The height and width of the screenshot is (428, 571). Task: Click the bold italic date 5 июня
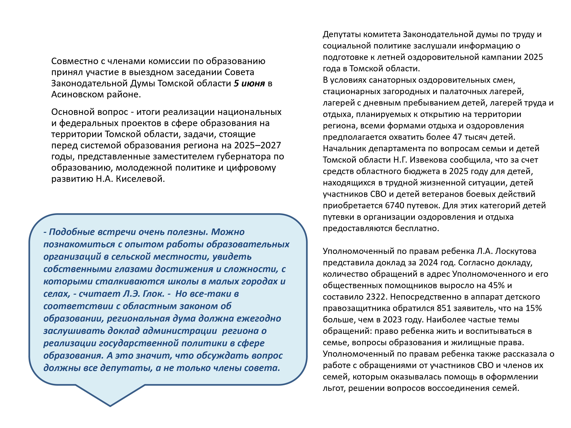249,83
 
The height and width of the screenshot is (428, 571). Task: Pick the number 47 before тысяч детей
457,137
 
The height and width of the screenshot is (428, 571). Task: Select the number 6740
394,206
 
